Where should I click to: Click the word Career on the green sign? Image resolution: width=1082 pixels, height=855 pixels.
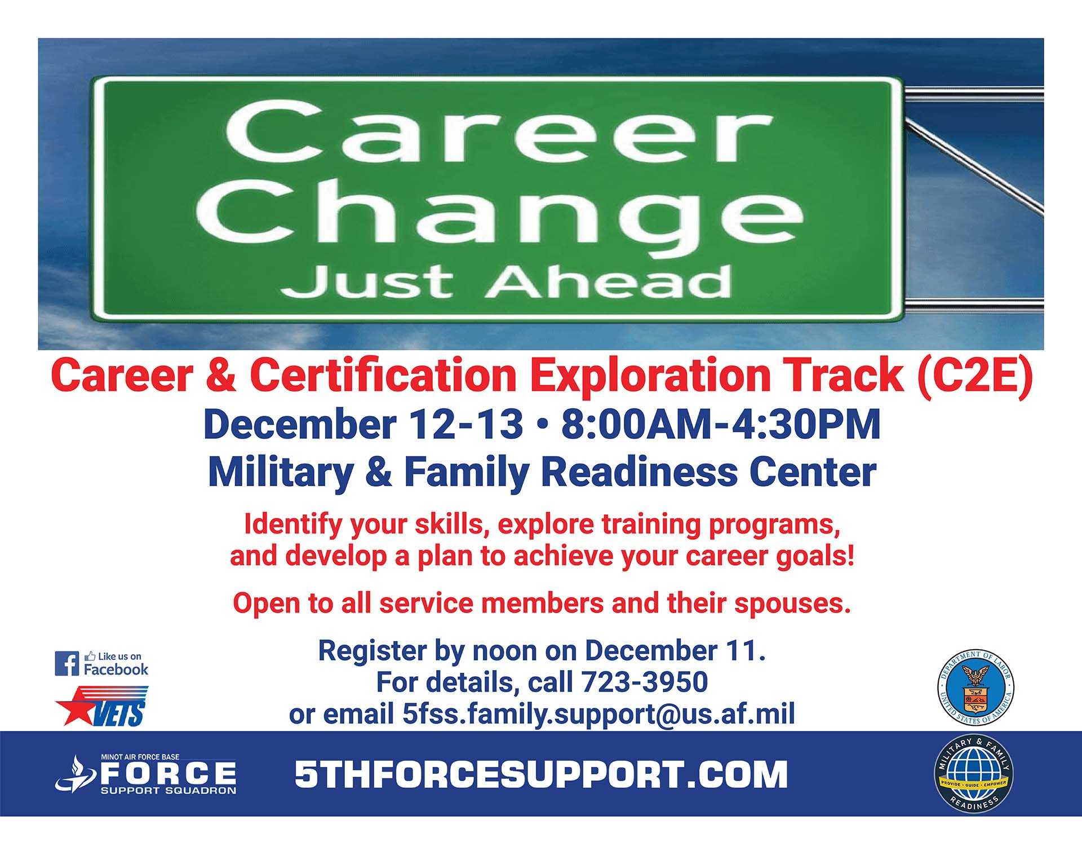[x=499, y=131]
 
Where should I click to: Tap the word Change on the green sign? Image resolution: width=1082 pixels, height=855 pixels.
[x=500, y=217]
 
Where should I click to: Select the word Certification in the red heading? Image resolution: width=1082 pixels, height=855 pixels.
[x=383, y=375]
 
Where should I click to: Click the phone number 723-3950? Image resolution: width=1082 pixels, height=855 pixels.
[x=644, y=682]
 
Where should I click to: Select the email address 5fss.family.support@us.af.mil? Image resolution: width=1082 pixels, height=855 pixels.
[x=598, y=714]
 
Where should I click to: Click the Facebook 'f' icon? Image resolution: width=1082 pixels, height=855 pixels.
[x=67, y=664]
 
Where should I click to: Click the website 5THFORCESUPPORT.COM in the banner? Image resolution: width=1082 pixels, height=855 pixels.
[x=541, y=774]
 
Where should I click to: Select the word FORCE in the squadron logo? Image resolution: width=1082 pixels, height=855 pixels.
[x=168, y=773]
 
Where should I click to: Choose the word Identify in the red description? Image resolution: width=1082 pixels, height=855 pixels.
[x=293, y=525]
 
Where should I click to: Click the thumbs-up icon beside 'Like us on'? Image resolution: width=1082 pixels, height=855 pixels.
[x=90, y=656]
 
